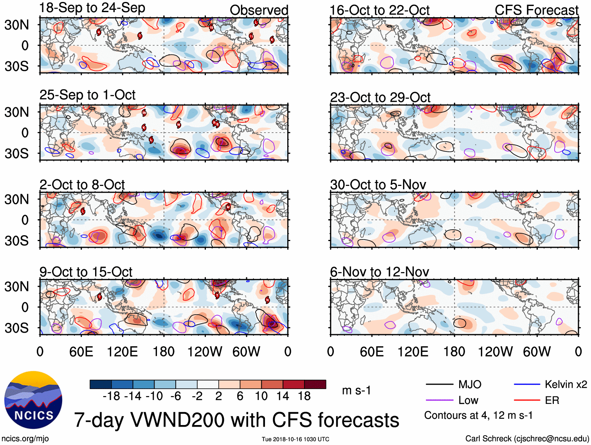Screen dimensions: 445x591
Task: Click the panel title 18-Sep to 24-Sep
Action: click(x=92, y=8)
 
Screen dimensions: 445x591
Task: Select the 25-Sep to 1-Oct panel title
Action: click(x=87, y=95)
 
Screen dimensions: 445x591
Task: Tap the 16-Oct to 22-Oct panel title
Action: click(x=379, y=10)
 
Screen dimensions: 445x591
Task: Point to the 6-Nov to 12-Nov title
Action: click(x=379, y=272)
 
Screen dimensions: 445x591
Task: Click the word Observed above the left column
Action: click(x=259, y=10)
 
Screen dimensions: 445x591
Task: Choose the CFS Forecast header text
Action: click(x=536, y=10)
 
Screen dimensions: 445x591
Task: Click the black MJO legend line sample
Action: click(x=439, y=385)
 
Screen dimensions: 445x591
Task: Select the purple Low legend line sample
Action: click(x=439, y=400)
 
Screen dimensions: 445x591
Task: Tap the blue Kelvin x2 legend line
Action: click(x=527, y=385)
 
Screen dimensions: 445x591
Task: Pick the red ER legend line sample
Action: click(x=527, y=400)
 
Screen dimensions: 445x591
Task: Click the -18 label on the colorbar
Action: click(x=112, y=396)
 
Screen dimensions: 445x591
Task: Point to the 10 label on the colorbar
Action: click(x=261, y=396)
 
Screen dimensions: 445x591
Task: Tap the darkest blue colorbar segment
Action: click(x=101, y=384)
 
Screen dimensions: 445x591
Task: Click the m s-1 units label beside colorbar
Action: click(x=356, y=390)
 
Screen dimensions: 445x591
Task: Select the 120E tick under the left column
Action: click(x=122, y=351)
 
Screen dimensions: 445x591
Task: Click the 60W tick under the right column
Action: click(x=537, y=351)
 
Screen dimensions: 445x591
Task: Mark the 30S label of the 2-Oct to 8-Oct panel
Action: click(x=16, y=241)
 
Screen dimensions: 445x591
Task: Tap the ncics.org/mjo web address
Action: click(x=25, y=439)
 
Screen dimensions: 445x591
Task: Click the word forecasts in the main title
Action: click(x=358, y=420)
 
